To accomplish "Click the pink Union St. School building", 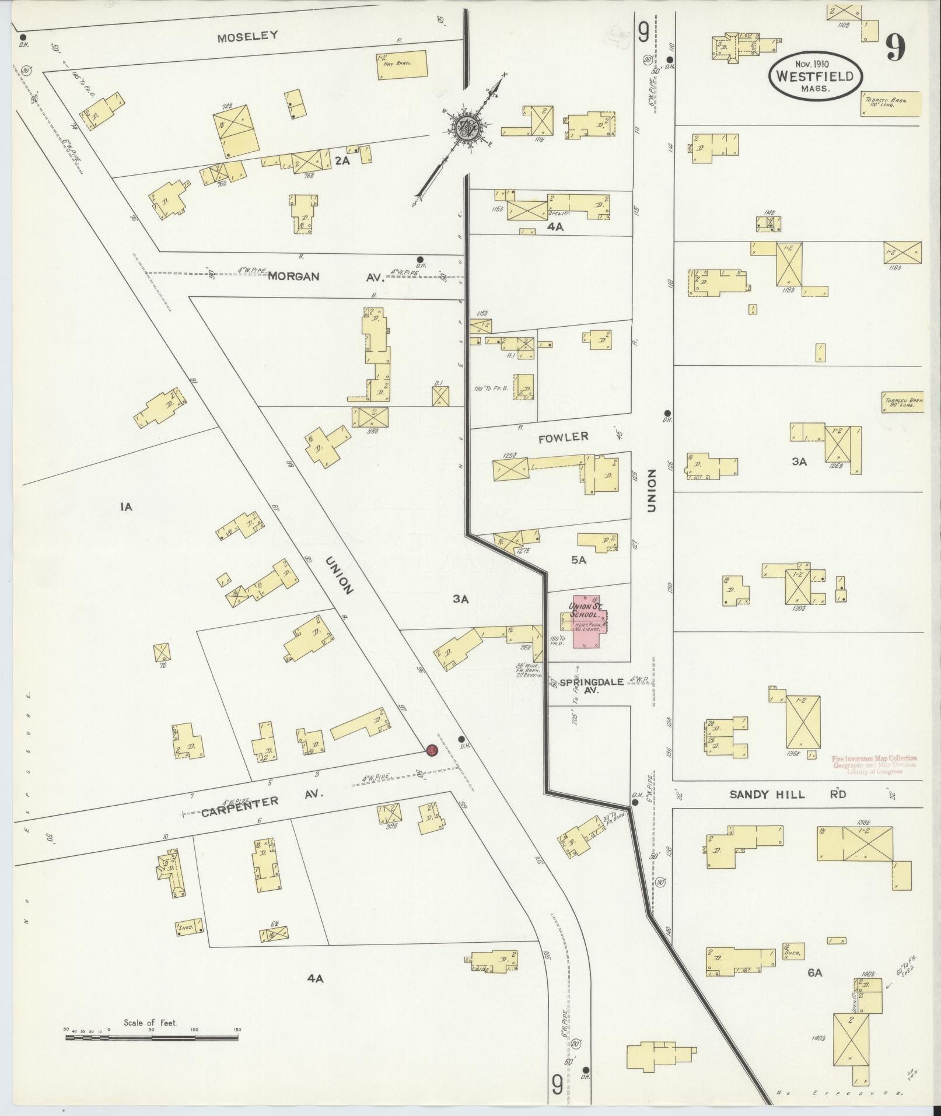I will click(x=589, y=621).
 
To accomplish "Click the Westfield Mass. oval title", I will click(x=815, y=76).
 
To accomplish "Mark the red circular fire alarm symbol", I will click(x=432, y=750).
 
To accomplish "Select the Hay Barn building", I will click(x=401, y=64).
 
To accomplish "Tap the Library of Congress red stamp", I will click(x=874, y=765).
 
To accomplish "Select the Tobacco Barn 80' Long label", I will click(x=902, y=402).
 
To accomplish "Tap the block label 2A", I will click(x=342, y=162).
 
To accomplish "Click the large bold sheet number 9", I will click(x=895, y=47).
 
